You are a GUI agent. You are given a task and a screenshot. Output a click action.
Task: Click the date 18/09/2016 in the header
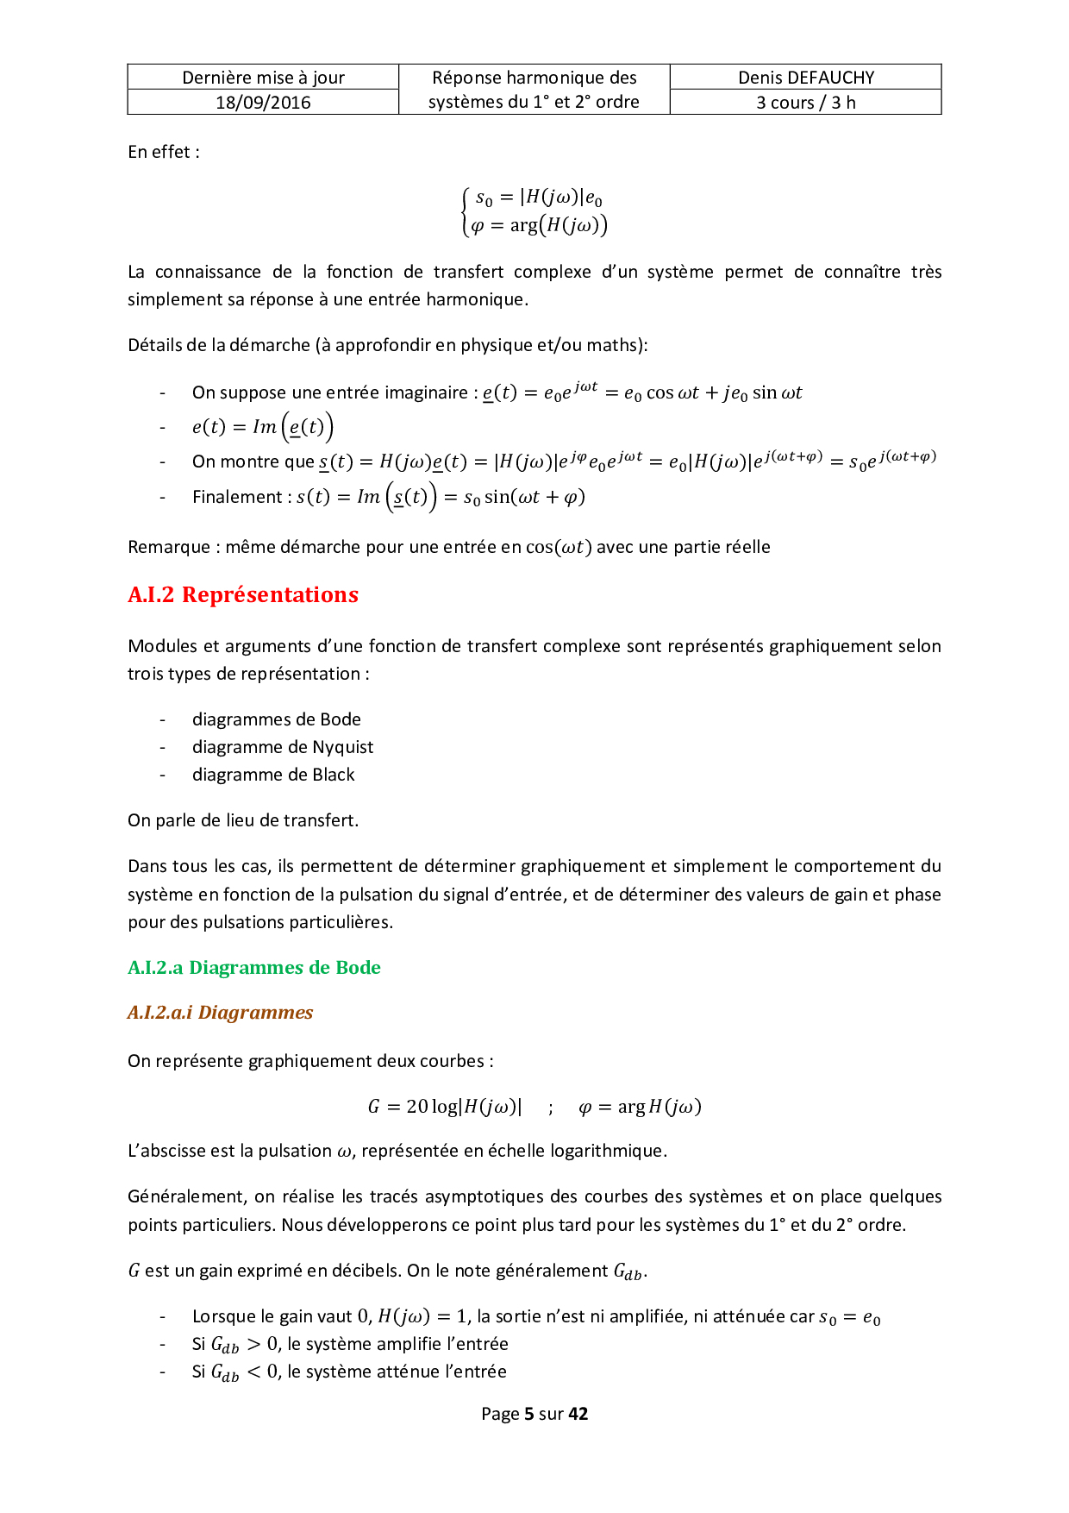point(263,103)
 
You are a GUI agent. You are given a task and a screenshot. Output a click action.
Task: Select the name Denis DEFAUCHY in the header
point(805,78)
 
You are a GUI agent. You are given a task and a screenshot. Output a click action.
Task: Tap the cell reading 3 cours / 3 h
point(805,103)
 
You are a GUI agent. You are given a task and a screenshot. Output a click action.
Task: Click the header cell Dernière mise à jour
point(263,78)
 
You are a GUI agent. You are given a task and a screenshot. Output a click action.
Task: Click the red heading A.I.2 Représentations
point(243,595)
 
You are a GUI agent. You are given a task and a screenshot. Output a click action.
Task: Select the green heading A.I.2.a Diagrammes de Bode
point(254,968)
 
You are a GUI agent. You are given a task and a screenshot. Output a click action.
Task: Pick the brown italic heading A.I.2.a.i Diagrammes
point(220,1013)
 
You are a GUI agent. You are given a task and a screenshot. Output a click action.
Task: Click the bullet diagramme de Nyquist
point(283,747)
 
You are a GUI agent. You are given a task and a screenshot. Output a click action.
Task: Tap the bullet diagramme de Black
point(273,775)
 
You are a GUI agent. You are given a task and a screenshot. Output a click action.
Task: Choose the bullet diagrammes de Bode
point(277,719)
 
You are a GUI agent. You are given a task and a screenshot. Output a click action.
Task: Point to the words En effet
point(163,152)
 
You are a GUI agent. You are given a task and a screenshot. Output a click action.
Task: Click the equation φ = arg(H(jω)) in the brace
point(539,226)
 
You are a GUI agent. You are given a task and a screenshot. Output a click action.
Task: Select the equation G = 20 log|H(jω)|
point(445,1107)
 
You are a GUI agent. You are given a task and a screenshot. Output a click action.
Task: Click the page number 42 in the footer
point(578,1414)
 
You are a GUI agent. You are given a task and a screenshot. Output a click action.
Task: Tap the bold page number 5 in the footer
point(528,1414)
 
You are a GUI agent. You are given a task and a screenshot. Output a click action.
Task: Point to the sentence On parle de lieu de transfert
point(243,820)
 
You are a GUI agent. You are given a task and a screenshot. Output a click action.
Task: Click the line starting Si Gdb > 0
point(350,1344)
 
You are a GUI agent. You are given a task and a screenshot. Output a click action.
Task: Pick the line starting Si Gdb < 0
point(349,1372)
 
